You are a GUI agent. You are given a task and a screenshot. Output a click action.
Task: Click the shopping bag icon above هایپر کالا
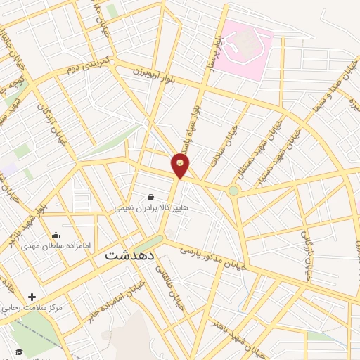tap(150, 198)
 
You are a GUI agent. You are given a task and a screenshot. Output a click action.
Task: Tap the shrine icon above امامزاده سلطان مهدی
tap(56, 235)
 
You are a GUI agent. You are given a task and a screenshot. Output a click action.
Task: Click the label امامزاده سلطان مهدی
tap(59, 245)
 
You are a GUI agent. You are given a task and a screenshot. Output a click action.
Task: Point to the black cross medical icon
tap(32, 297)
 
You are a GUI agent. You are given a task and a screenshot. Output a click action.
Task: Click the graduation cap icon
tap(19, 352)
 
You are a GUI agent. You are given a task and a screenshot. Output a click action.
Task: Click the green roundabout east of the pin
tap(233, 190)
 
